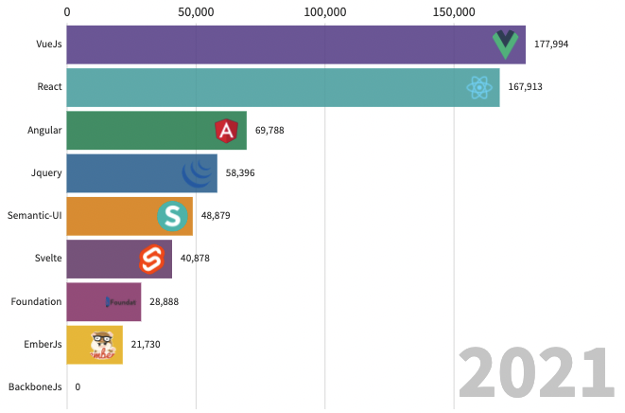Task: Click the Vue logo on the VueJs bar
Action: click(507, 45)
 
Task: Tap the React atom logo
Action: click(481, 88)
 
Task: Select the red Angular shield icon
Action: click(227, 130)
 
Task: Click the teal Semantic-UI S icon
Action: click(173, 216)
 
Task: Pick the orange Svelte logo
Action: click(153, 259)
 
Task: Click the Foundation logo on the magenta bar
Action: click(122, 302)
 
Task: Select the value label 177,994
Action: click(551, 45)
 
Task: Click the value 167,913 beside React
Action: click(525, 87)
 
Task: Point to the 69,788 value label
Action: click(269, 130)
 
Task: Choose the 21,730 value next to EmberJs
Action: click(146, 344)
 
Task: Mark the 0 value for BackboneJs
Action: click(78, 386)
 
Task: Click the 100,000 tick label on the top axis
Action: click(324, 12)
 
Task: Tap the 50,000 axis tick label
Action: click(196, 12)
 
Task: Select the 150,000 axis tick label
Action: click(453, 12)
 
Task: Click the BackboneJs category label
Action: click(35, 386)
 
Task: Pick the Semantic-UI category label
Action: click(35, 215)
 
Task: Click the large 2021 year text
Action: click(533, 374)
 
